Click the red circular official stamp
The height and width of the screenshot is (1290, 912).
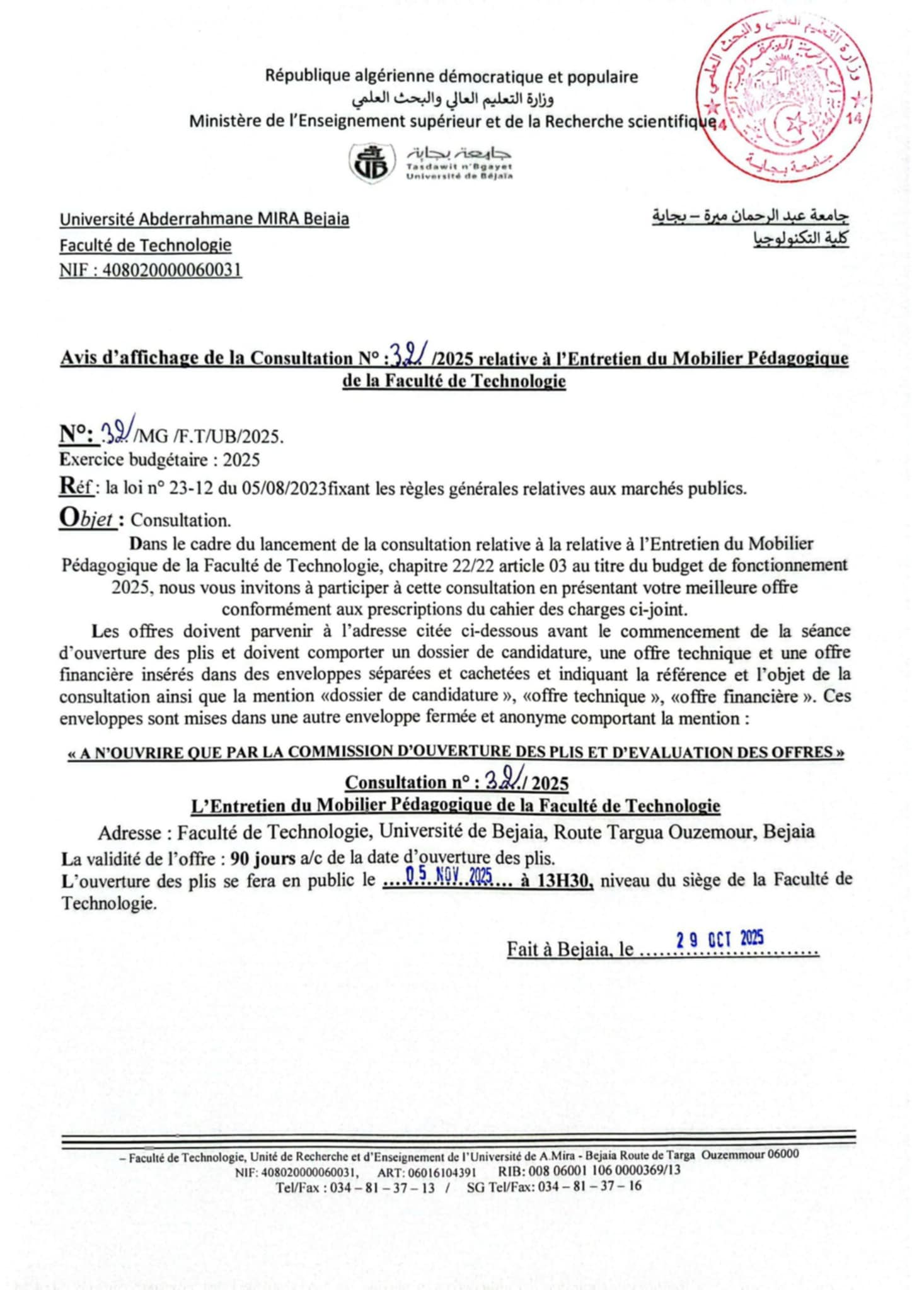[x=786, y=96]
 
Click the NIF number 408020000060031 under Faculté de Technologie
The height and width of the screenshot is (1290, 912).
[x=171, y=270]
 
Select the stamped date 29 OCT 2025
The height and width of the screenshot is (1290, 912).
[x=720, y=940]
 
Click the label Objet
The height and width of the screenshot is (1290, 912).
[x=86, y=518]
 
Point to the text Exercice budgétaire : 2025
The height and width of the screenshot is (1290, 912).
[x=159, y=460]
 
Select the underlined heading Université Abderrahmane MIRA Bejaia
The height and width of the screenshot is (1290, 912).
[x=204, y=219]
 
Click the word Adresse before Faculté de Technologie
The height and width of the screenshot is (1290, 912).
[x=130, y=833]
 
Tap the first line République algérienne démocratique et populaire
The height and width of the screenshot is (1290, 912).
[x=451, y=77]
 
